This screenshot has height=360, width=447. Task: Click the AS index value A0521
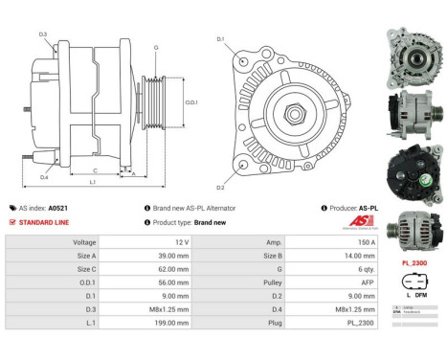(59, 208)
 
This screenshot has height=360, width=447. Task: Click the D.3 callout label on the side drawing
(43, 34)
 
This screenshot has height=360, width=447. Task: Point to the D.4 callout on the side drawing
(44, 177)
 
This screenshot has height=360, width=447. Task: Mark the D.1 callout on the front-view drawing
(219, 39)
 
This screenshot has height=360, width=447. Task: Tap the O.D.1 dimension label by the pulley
(191, 101)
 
